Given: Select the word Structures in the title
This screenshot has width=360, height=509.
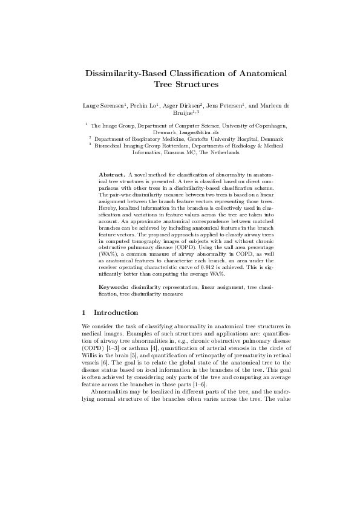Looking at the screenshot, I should coord(195,85).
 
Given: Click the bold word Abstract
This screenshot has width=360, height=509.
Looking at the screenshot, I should coord(111,174).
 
